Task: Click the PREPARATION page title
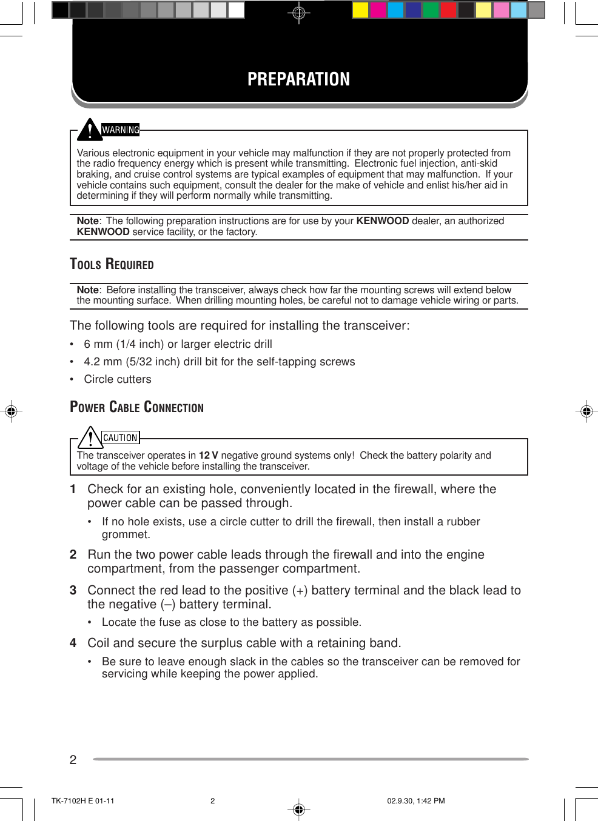[298, 79]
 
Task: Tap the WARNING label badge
[121, 130]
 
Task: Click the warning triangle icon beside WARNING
[90, 129]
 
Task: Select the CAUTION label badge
[120, 437]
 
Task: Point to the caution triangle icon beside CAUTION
[90, 437]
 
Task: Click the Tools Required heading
[112, 264]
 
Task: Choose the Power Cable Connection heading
[136, 407]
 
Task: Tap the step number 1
[73, 490]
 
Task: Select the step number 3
[73, 591]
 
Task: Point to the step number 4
[73, 643]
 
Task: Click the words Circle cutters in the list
[118, 379]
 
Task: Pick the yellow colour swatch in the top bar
[360, 10]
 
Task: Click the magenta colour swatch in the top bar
[378, 10]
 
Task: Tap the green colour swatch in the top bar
[431, 10]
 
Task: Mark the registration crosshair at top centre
[298, 12]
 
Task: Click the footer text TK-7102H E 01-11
[82, 801]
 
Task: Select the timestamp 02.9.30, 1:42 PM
[415, 801]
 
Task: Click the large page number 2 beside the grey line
[73, 760]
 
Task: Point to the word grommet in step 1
[126, 534]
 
